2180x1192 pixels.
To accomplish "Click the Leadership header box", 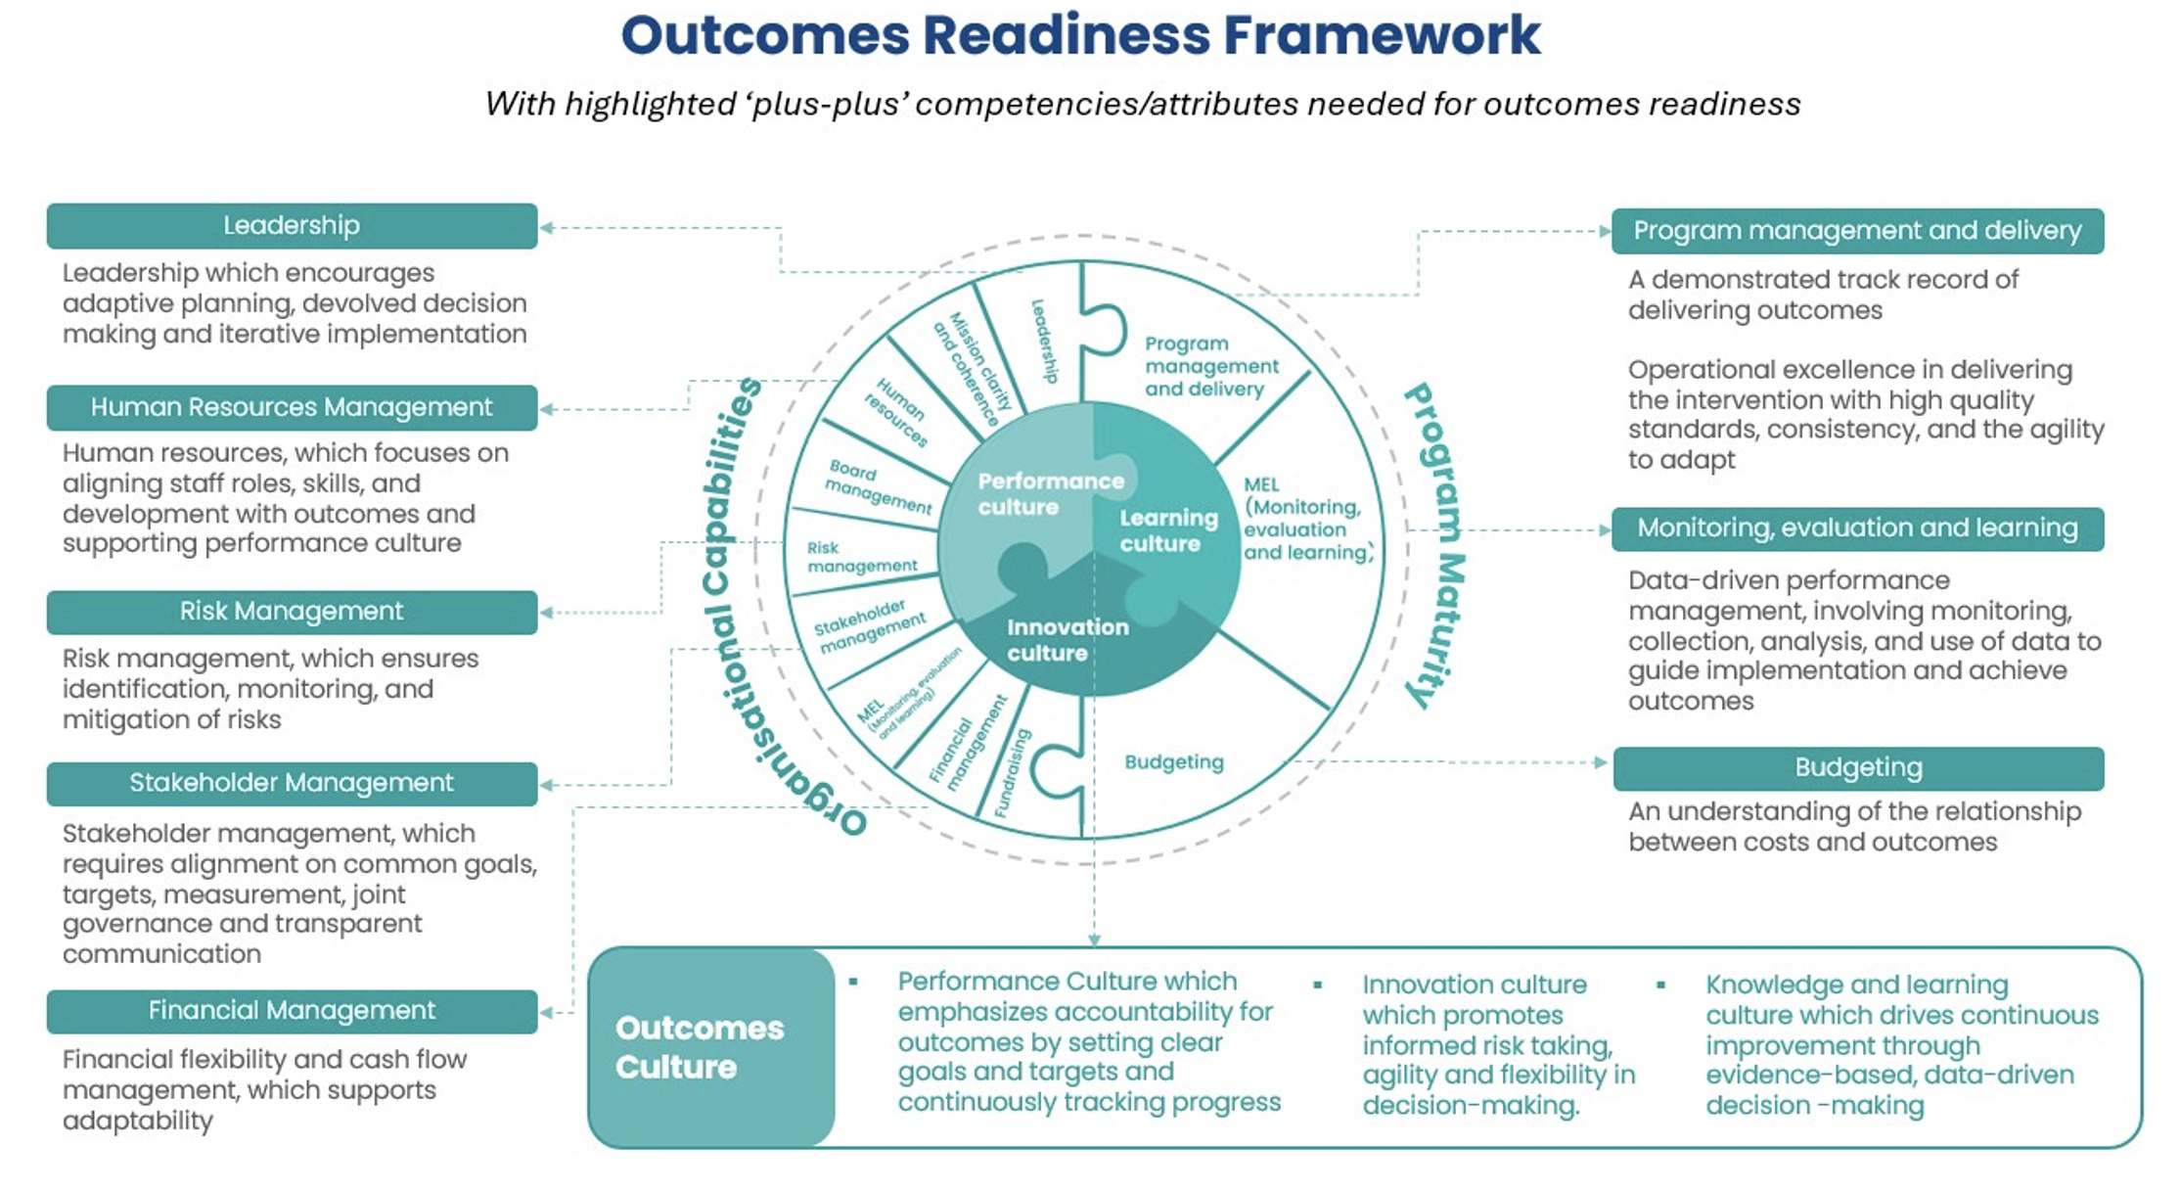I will pos(292,226).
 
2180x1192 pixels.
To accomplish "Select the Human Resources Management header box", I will pos(292,407).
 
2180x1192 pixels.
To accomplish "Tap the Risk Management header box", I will pos(292,612).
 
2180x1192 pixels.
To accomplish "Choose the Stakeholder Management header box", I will pos(292,783).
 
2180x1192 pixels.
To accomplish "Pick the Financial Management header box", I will pos(292,1011).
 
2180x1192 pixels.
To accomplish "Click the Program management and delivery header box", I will pos(1857,231).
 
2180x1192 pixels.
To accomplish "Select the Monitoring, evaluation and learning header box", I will pos(1857,528).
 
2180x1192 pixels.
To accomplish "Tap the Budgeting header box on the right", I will pos(1857,768).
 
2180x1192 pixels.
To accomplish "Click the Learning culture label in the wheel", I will pos(1167,530).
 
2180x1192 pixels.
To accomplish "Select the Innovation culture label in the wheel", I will pos(1067,640).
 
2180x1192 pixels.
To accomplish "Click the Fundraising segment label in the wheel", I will pos(1013,773).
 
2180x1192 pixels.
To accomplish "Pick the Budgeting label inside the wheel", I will pos(1173,762).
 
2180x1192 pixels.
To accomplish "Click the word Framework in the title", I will pos(1382,35).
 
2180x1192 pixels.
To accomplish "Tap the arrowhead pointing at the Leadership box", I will pos(547,228).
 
